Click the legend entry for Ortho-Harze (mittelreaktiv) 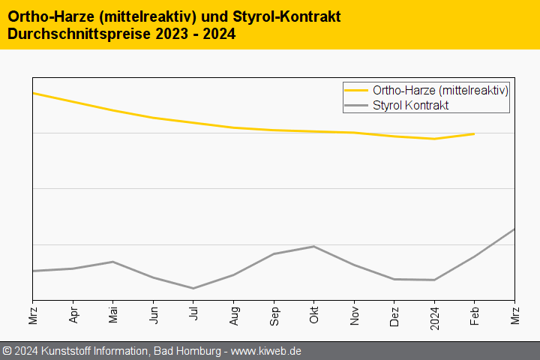440,91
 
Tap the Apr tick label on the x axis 73,312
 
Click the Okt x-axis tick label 314,312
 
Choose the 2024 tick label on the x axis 434,315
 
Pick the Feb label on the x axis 475,312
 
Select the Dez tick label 394,312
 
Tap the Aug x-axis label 234,312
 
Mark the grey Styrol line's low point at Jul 193,288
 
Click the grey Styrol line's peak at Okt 314,246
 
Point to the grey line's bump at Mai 113,262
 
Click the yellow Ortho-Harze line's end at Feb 474,133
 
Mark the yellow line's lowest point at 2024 434,139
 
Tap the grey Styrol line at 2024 434,280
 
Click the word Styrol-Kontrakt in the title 270,16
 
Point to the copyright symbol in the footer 7,351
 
